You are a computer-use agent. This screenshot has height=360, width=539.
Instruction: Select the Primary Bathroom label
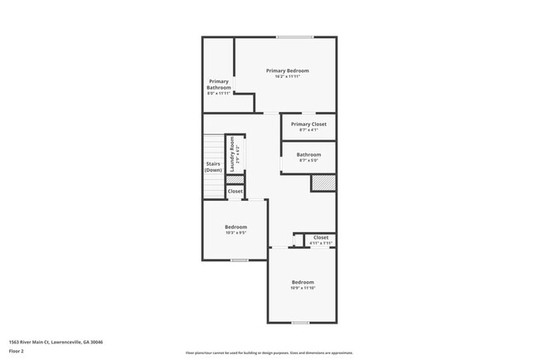click(x=218, y=85)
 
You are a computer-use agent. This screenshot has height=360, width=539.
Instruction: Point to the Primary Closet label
click(x=308, y=124)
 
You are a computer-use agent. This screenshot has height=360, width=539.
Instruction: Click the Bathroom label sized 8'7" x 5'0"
click(x=308, y=154)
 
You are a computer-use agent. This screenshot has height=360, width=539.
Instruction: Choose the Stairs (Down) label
click(x=213, y=167)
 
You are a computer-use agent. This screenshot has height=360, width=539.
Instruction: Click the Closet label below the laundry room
click(x=236, y=192)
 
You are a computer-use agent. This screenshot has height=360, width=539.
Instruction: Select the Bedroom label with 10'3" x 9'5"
click(x=236, y=226)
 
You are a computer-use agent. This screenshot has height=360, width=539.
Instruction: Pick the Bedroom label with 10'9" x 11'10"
click(x=302, y=282)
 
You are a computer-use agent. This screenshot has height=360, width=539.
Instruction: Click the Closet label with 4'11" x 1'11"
click(x=321, y=238)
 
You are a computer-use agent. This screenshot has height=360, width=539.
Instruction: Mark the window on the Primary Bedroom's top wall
click(x=294, y=36)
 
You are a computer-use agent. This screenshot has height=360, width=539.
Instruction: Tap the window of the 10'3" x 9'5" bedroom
click(x=240, y=260)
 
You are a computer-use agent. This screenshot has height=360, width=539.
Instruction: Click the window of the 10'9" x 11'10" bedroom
click(x=300, y=323)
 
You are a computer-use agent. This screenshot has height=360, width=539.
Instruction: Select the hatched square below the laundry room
click(x=236, y=179)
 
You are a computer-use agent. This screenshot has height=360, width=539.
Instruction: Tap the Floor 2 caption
click(x=17, y=351)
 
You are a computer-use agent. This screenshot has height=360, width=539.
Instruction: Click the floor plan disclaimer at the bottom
click(x=269, y=353)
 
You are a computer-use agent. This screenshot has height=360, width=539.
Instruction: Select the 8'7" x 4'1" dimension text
click(x=308, y=130)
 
